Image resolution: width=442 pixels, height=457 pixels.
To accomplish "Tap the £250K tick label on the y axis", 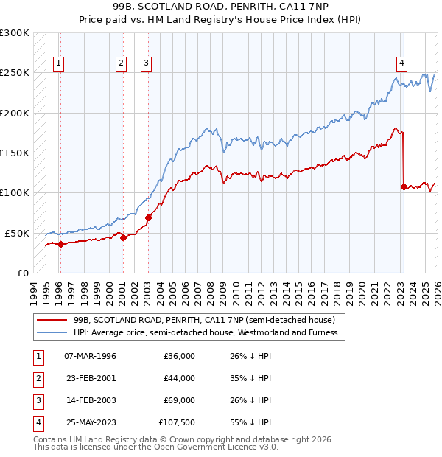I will point(14,73).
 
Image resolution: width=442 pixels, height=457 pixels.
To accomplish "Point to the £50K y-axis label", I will point(16,233).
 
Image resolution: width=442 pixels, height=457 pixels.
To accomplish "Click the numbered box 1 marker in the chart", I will point(58,63).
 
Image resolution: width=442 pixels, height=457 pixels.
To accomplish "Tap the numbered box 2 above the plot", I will point(121,63).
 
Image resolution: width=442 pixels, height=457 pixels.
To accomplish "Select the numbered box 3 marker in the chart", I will point(147,63).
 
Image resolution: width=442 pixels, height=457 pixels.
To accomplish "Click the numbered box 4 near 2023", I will point(401,63).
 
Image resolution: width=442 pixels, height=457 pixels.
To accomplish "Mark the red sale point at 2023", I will point(404,186).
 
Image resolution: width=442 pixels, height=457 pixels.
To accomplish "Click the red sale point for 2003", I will point(148,217).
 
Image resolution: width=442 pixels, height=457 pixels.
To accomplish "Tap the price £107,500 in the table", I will point(177,422).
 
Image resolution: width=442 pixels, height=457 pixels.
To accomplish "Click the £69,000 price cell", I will point(179,400).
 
